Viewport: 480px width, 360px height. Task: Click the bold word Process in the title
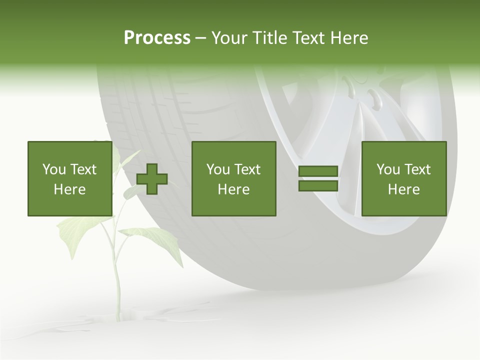(157, 38)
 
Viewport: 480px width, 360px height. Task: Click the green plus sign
(152, 179)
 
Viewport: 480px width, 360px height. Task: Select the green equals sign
(318, 179)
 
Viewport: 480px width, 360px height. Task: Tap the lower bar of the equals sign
(318, 185)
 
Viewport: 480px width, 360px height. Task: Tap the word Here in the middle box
(233, 189)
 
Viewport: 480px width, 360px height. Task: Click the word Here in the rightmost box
(403, 189)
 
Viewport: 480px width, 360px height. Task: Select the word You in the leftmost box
(54, 169)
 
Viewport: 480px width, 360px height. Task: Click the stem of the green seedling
(116, 280)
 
